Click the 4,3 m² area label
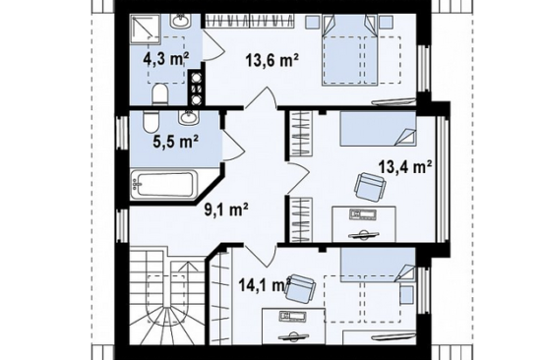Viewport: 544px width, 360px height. coord(166,60)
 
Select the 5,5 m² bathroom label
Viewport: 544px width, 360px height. coord(176,142)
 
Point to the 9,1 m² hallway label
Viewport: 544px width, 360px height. coord(226,210)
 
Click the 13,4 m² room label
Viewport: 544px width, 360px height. coord(405,167)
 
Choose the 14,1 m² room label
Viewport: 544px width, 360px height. coord(265,285)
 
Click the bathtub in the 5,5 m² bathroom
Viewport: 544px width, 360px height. coord(164,185)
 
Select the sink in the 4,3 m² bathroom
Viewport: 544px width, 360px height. coord(180,21)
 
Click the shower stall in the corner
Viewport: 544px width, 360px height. coord(146,30)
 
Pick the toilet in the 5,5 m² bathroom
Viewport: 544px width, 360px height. coord(151,122)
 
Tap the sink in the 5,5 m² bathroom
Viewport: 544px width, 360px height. coord(189,118)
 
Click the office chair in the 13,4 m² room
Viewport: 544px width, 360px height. coord(370,187)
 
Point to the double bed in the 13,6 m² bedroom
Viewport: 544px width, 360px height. coord(350,49)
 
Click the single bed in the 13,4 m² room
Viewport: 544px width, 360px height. coord(378,128)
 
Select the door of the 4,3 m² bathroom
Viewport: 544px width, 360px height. coord(213,46)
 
